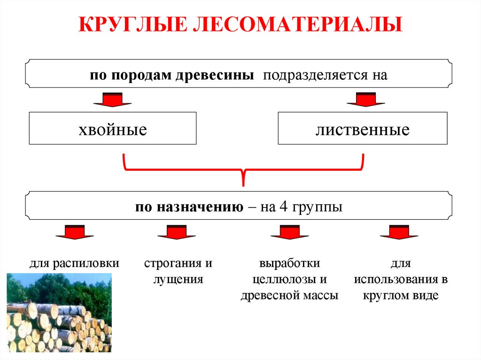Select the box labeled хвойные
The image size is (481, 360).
[x=113, y=128]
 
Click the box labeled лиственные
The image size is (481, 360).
[x=362, y=128]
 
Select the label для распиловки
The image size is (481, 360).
[x=74, y=263]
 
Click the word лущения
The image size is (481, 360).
[x=178, y=280]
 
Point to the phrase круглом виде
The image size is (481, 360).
[x=400, y=296]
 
